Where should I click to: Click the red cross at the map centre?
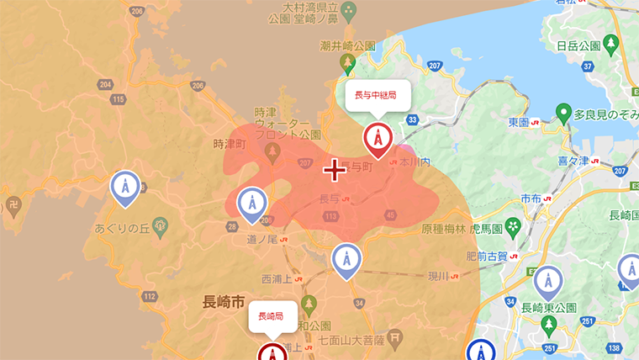[x=335, y=170]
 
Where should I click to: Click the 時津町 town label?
[x=228, y=144]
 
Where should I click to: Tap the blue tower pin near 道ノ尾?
[x=251, y=204]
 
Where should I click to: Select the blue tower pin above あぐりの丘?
[x=125, y=188]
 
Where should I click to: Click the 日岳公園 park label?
[x=578, y=46]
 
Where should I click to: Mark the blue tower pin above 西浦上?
[x=346, y=260]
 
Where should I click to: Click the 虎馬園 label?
[x=487, y=228]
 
